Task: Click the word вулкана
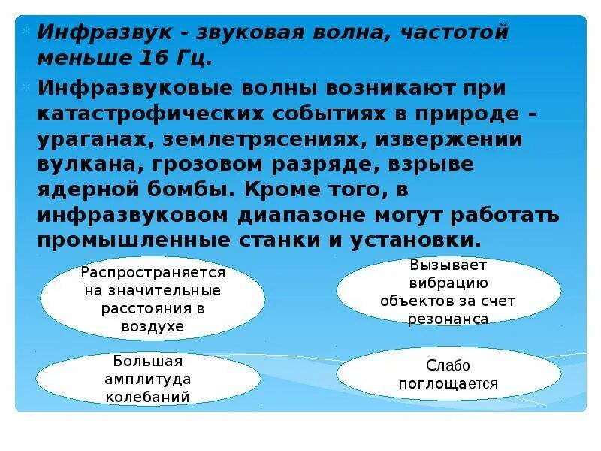83,165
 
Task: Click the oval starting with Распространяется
152,298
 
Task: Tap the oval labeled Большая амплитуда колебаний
152,378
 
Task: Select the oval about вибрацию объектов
448,291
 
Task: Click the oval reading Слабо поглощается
448,374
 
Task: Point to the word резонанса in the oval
448,319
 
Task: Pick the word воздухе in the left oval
153,326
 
